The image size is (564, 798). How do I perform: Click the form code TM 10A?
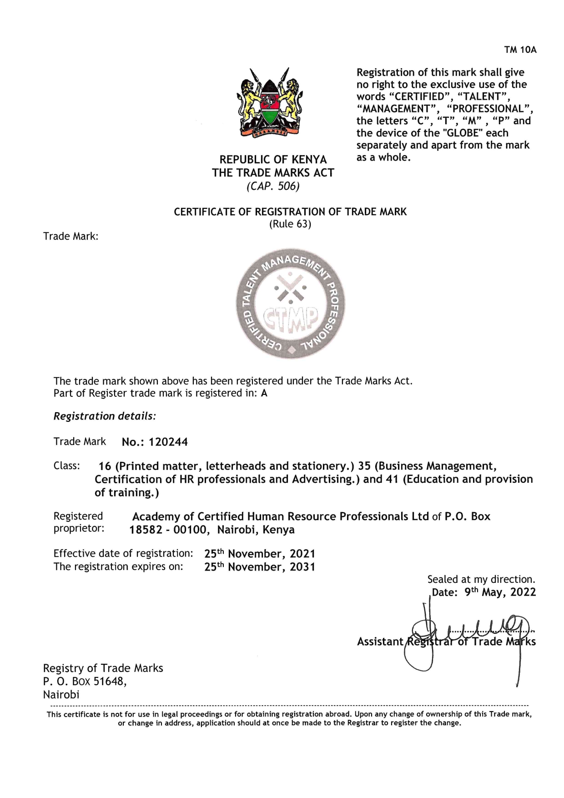point(520,50)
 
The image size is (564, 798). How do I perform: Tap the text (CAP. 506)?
point(273,187)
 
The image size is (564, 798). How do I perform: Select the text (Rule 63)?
point(290,224)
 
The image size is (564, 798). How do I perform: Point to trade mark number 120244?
point(168,442)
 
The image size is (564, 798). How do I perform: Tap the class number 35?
point(364,466)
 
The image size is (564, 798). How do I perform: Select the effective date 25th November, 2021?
point(260,554)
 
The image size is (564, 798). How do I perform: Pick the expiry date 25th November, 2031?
point(260,567)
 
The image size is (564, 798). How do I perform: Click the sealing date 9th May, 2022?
point(500,592)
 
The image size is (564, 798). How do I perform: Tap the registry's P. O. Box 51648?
point(85,681)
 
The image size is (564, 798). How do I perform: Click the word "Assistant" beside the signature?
point(380,641)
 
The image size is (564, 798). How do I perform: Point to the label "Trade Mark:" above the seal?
point(71,236)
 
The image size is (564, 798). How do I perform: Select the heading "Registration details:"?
point(105,416)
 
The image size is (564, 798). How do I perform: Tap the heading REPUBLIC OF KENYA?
point(273,160)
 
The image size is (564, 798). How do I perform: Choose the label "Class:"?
point(67,466)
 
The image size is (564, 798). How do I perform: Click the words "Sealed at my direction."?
point(481,579)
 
